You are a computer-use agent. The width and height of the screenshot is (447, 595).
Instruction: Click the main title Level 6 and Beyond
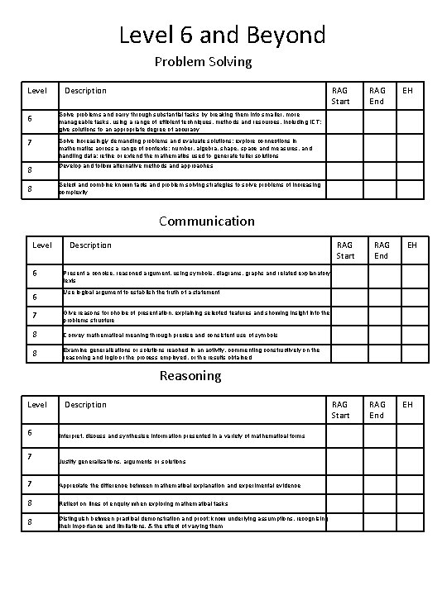tap(223, 36)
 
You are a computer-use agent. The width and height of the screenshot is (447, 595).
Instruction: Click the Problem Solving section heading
tap(204, 62)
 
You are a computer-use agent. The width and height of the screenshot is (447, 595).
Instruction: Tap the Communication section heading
tap(207, 221)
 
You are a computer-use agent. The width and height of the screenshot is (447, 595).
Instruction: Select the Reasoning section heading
tap(190, 376)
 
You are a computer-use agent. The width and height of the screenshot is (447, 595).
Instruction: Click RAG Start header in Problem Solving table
tap(340, 96)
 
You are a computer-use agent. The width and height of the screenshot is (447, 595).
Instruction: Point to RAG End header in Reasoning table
tap(377, 410)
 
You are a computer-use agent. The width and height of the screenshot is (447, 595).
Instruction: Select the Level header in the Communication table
tap(41, 245)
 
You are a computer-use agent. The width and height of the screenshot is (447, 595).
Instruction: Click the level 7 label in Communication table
tap(35, 315)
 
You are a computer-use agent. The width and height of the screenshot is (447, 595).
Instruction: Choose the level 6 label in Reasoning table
tap(30, 433)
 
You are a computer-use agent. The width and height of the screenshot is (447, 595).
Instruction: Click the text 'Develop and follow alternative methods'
tap(136, 166)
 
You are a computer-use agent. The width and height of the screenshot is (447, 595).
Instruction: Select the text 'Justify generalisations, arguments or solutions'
tap(122, 461)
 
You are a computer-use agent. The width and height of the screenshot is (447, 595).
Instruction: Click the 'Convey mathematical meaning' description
tap(171, 336)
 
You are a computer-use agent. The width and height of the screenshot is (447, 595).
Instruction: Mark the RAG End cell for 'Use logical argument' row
tap(382, 296)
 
